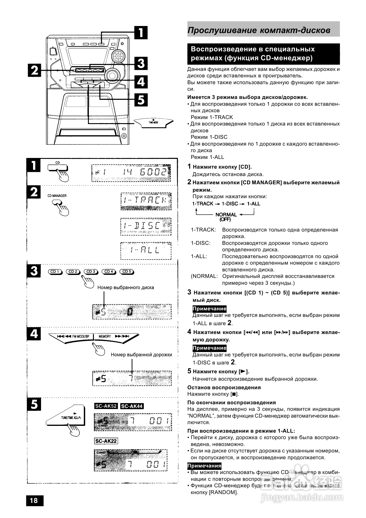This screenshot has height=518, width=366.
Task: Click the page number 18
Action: (34, 500)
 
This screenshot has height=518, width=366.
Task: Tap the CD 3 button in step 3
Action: (91, 272)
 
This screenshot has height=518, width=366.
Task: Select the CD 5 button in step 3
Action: (127, 272)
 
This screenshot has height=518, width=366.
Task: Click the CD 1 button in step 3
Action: (55, 272)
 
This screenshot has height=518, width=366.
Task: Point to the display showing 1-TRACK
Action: (146, 201)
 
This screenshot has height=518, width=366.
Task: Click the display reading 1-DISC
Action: (146, 226)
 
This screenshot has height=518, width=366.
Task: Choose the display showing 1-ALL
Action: (146, 250)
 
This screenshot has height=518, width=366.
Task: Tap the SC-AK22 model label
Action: (106, 441)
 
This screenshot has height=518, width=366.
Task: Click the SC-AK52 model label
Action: (106, 406)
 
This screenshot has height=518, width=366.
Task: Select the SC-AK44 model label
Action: (132, 406)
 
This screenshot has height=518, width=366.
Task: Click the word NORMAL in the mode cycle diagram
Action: (226, 215)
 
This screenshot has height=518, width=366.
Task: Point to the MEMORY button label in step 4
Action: (105, 336)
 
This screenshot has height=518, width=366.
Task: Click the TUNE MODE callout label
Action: (153, 122)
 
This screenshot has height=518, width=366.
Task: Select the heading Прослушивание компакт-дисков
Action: (259, 30)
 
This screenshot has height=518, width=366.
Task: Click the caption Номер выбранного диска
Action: (125, 287)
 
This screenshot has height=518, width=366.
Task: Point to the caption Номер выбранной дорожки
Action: (141, 355)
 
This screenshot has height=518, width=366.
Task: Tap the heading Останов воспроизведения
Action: (224, 387)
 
